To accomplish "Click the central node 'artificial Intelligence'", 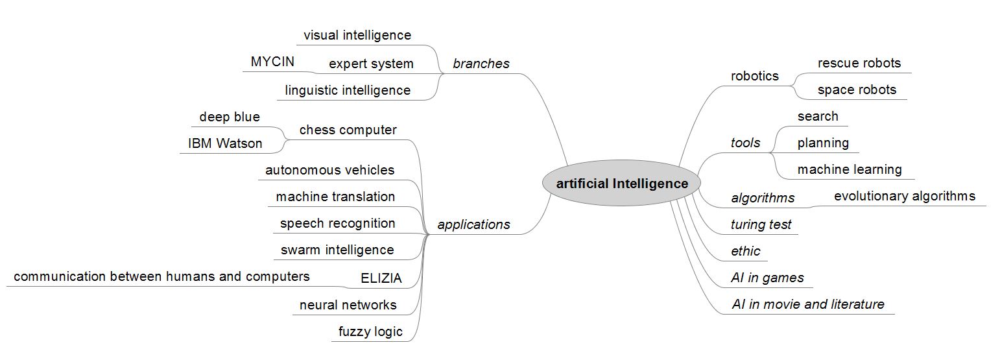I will click(622, 184).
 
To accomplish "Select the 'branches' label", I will click(481, 64).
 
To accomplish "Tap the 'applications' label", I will click(473, 224).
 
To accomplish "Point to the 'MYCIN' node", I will click(272, 62).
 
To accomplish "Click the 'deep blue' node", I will click(230, 117).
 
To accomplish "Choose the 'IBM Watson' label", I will click(225, 143).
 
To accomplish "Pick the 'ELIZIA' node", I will click(381, 278).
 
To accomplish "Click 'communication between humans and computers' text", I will click(161, 276).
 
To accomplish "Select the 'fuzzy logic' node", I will click(370, 331).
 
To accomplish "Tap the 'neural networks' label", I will click(348, 305).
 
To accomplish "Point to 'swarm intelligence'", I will click(337, 250).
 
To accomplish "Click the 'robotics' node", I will click(754, 76).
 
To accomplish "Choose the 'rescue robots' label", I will click(859, 63).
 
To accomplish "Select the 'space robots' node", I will click(857, 90).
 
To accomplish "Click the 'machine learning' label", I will click(849, 169).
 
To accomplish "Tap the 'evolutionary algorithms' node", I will click(904, 196).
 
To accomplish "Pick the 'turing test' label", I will click(761, 224).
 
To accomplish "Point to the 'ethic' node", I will click(745, 251).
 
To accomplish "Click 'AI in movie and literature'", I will click(807, 304).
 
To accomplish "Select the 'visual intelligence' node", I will click(357, 35).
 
